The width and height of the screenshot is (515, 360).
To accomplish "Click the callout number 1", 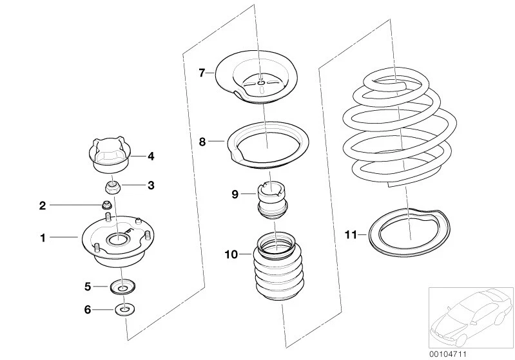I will tap(43, 238).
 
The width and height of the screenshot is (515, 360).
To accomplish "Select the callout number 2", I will tap(43, 205).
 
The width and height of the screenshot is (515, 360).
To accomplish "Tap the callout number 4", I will tap(151, 156).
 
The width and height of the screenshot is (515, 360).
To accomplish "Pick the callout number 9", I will tap(236, 193).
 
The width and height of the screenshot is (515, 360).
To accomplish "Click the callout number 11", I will tap(351, 236).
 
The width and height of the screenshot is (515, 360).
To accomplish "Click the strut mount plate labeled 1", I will tap(118, 245).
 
